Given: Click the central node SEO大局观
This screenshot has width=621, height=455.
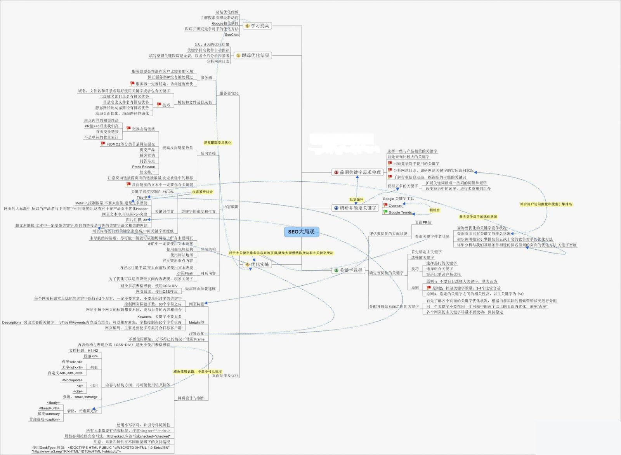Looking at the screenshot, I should click(x=301, y=232).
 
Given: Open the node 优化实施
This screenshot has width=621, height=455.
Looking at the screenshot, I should click(x=260, y=264).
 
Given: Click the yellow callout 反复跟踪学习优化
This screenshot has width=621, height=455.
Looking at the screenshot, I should click(x=217, y=142).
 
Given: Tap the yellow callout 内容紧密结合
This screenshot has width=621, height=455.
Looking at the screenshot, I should click(x=203, y=192).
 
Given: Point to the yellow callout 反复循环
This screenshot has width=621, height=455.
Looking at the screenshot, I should click(x=356, y=200).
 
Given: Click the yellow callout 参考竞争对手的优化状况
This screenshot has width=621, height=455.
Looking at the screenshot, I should click(x=478, y=217).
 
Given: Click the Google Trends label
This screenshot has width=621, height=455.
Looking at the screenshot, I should click(x=400, y=212).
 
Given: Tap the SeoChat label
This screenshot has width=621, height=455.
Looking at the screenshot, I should click(x=232, y=35).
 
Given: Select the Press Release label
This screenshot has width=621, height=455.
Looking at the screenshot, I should click(x=143, y=167).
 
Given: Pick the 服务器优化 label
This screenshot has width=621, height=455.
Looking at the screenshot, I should click(x=229, y=93).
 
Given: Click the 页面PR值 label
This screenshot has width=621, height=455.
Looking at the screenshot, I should click(x=423, y=222).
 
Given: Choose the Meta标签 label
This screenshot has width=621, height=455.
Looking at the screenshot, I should click(x=196, y=322).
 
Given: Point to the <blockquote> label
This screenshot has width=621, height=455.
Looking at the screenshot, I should click(x=72, y=380).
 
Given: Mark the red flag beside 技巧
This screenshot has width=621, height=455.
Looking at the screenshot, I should click(x=159, y=104).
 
